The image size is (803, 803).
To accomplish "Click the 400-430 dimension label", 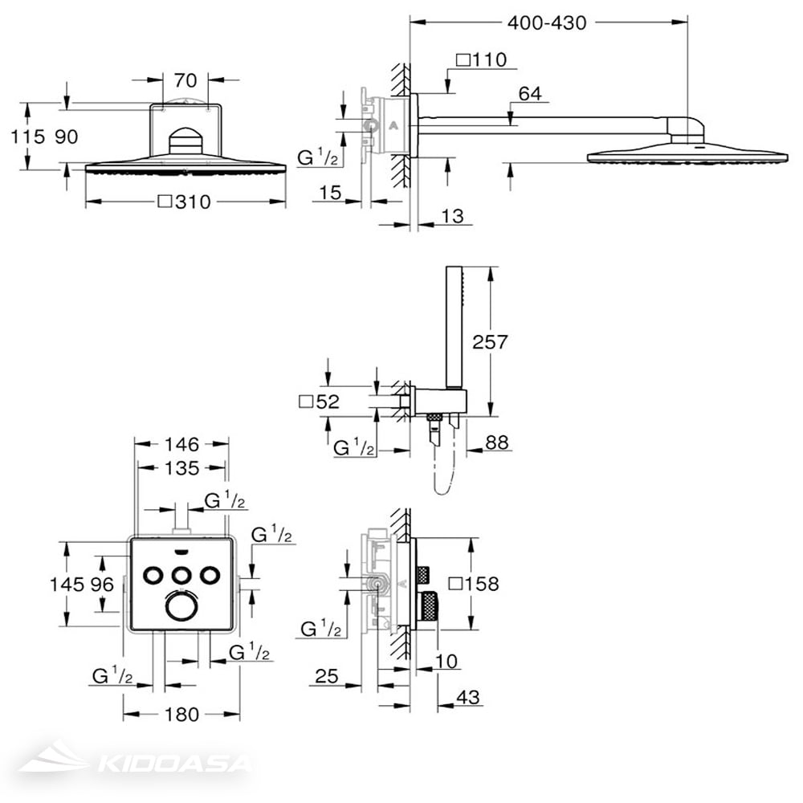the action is [x=546, y=22].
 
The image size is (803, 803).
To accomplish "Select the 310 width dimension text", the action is [x=193, y=202].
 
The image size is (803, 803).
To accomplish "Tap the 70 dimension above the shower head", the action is [x=185, y=79].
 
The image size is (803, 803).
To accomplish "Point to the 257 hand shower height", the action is [x=490, y=341].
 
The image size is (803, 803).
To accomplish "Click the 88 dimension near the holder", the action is [x=497, y=442].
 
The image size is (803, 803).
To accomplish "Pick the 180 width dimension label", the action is [x=181, y=714].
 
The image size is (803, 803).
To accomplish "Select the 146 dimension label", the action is [x=181, y=444].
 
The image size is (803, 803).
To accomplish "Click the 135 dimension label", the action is [x=181, y=467].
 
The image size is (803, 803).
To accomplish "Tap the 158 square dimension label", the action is [x=481, y=583].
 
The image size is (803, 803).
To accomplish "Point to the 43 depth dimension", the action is [x=467, y=697].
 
